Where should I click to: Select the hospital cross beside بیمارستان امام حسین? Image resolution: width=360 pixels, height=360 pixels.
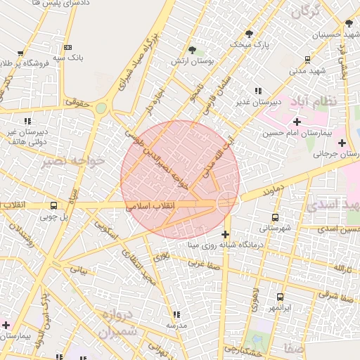[297, 122]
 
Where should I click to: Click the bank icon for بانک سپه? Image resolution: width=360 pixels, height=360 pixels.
[67, 46]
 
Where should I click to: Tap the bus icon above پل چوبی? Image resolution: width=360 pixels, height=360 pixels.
[54, 206]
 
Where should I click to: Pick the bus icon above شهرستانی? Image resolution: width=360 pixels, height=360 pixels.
[275, 217]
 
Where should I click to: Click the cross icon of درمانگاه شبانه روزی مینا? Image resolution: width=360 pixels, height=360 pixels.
[225, 234]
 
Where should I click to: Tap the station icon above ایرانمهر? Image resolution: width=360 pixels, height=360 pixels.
[280, 297]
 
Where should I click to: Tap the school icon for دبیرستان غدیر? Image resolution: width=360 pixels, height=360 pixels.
[258, 91]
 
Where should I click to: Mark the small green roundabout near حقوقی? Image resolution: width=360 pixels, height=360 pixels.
[101, 108]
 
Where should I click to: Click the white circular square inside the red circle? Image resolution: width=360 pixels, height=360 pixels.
[226, 202]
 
